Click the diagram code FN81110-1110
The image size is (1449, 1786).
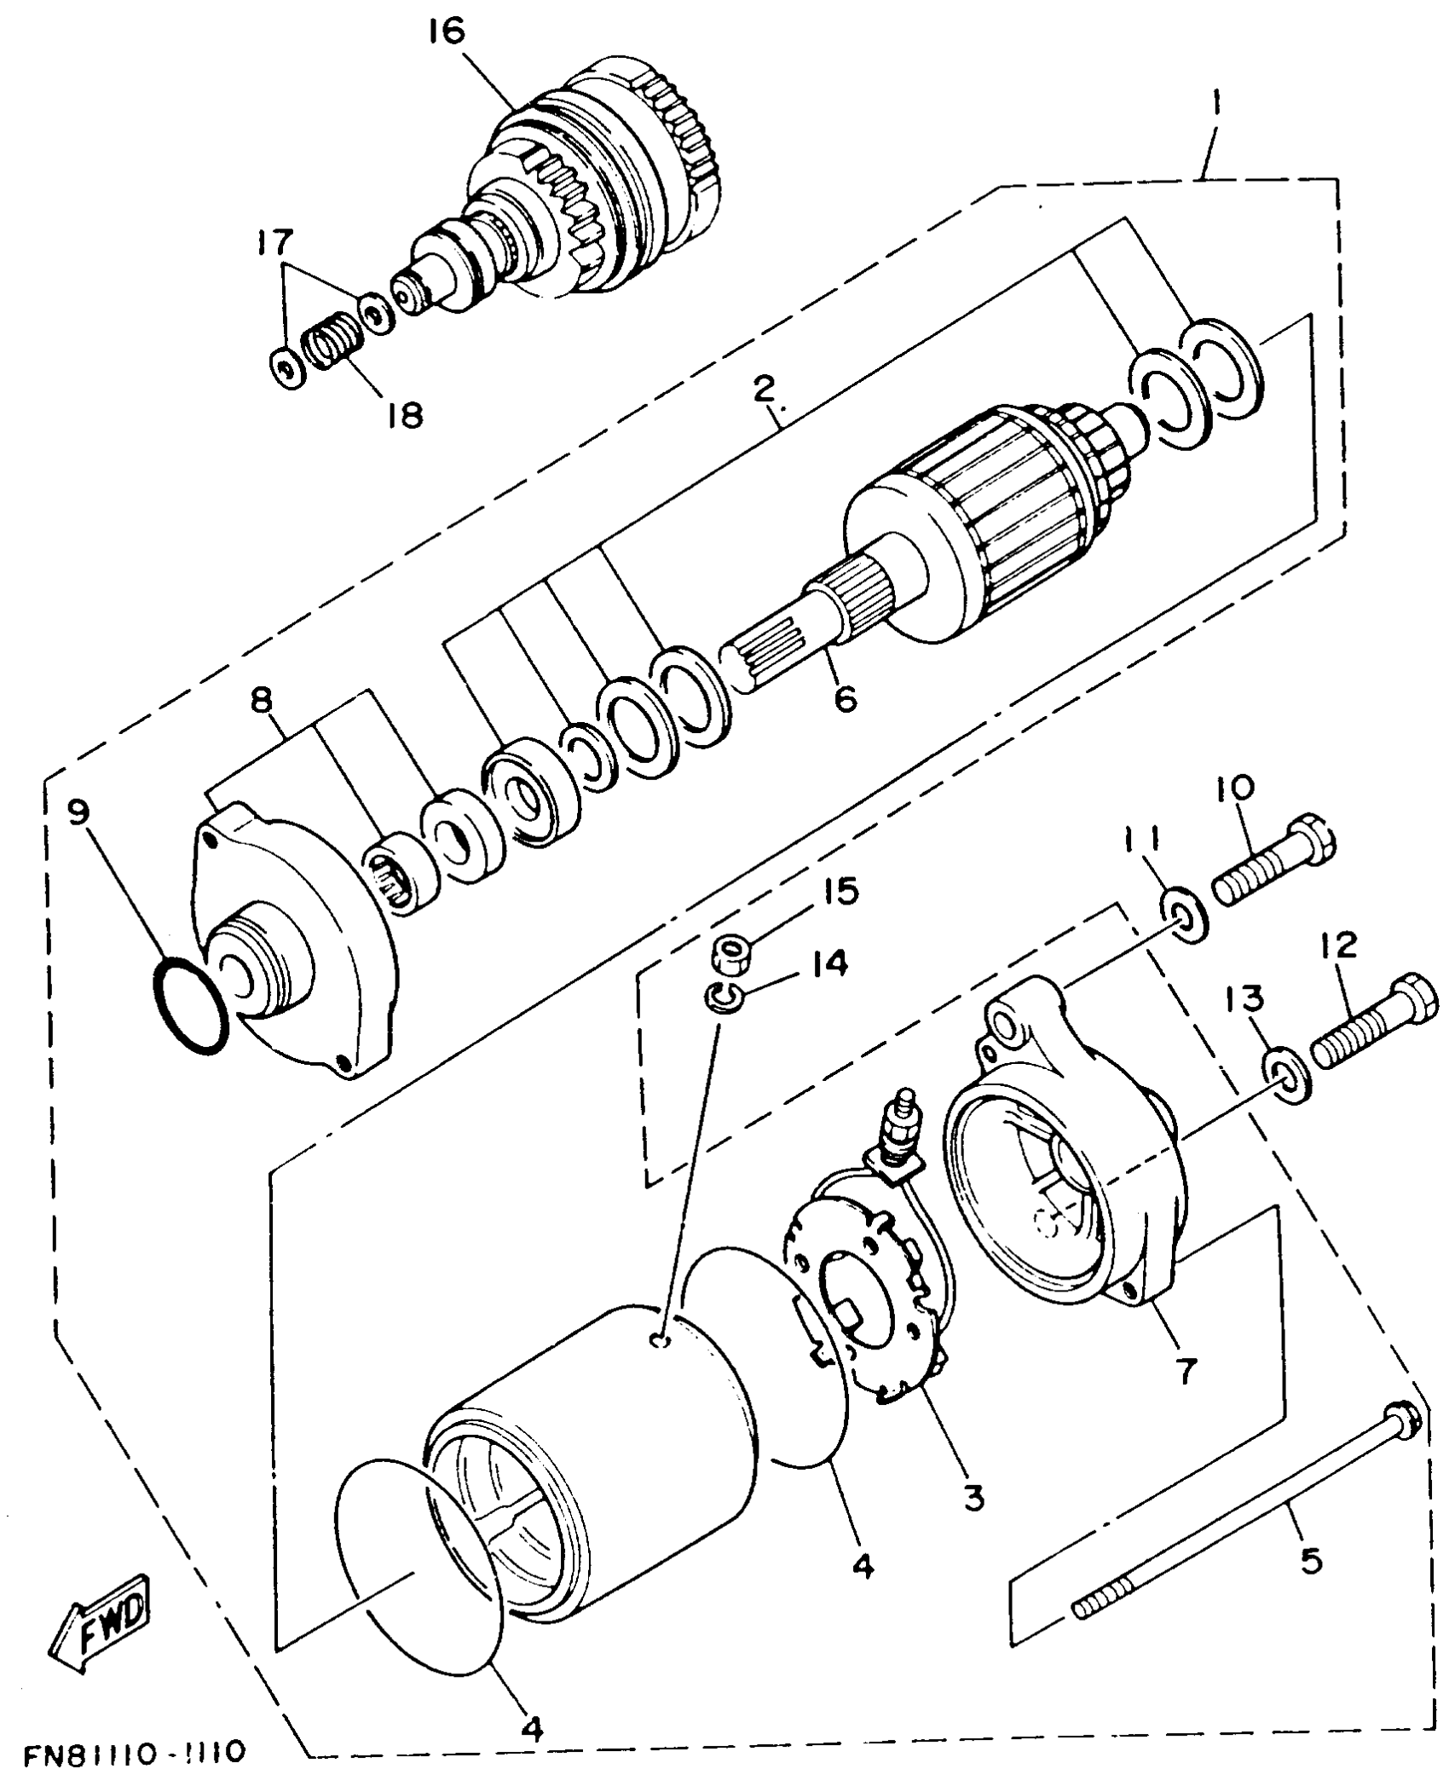pyautogui.click(x=134, y=1753)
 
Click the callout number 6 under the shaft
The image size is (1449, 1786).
pyautogui.click(x=844, y=698)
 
